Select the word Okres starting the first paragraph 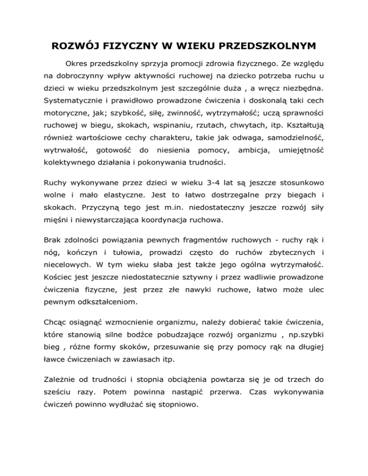[77, 62]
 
